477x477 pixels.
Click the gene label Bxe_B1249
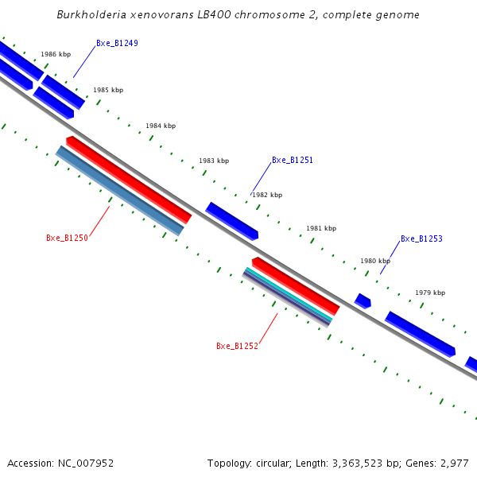tap(117, 43)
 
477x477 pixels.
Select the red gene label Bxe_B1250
tap(67, 238)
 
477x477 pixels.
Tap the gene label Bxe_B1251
tap(293, 160)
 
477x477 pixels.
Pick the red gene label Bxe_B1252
tap(237, 346)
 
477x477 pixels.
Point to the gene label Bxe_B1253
tap(421, 238)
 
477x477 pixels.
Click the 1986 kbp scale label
tap(56, 55)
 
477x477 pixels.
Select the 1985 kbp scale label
tap(108, 91)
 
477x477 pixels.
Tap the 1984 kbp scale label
tap(161, 126)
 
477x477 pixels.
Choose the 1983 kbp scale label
tap(214, 161)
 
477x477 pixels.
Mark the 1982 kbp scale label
tap(267, 195)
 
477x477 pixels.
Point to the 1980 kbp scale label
tap(375, 261)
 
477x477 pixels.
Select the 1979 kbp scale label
tap(430, 293)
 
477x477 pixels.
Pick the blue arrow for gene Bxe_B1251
tap(232, 221)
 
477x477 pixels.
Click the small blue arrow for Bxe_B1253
tap(363, 301)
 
